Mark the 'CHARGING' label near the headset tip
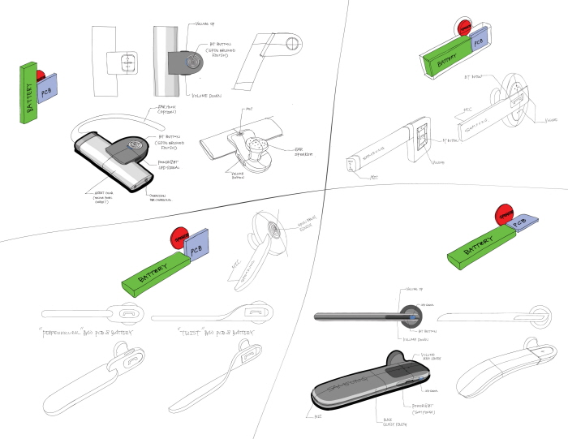point(161,196)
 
